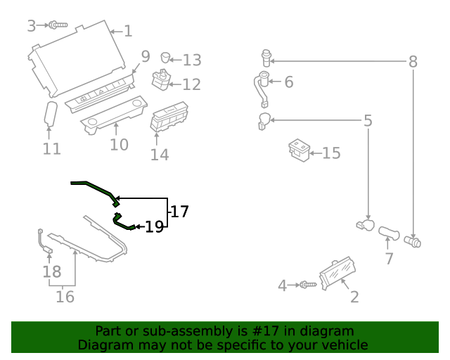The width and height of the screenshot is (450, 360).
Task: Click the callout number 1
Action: pyautogui.click(x=127, y=31)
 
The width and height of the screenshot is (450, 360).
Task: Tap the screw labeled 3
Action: pyautogui.click(x=58, y=25)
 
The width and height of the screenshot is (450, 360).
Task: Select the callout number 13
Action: pyautogui.click(x=191, y=60)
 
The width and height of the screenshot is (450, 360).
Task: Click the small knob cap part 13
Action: pyautogui.click(x=166, y=57)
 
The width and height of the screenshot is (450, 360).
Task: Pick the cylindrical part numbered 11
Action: pyautogui.click(x=51, y=115)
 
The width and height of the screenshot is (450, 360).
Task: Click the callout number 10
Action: pyautogui.click(x=119, y=144)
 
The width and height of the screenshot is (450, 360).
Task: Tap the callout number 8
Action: pyautogui.click(x=413, y=62)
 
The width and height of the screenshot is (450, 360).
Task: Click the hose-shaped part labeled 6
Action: pyautogui.click(x=262, y=89)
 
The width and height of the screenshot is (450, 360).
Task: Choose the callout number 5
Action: pyautogui.click(x=367, y=121)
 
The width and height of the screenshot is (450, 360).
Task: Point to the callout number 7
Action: pyautogui.click(x=389, y=258)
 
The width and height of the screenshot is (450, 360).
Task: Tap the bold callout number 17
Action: pyautogui.click(x=180, y=211)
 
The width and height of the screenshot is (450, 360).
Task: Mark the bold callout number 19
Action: pyautogui.click(x=154, y=226)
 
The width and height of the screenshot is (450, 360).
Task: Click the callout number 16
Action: pyautogui.click(x=65, y=297)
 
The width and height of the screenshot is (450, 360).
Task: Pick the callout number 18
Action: pyautogui.click(x=52, y=271)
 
